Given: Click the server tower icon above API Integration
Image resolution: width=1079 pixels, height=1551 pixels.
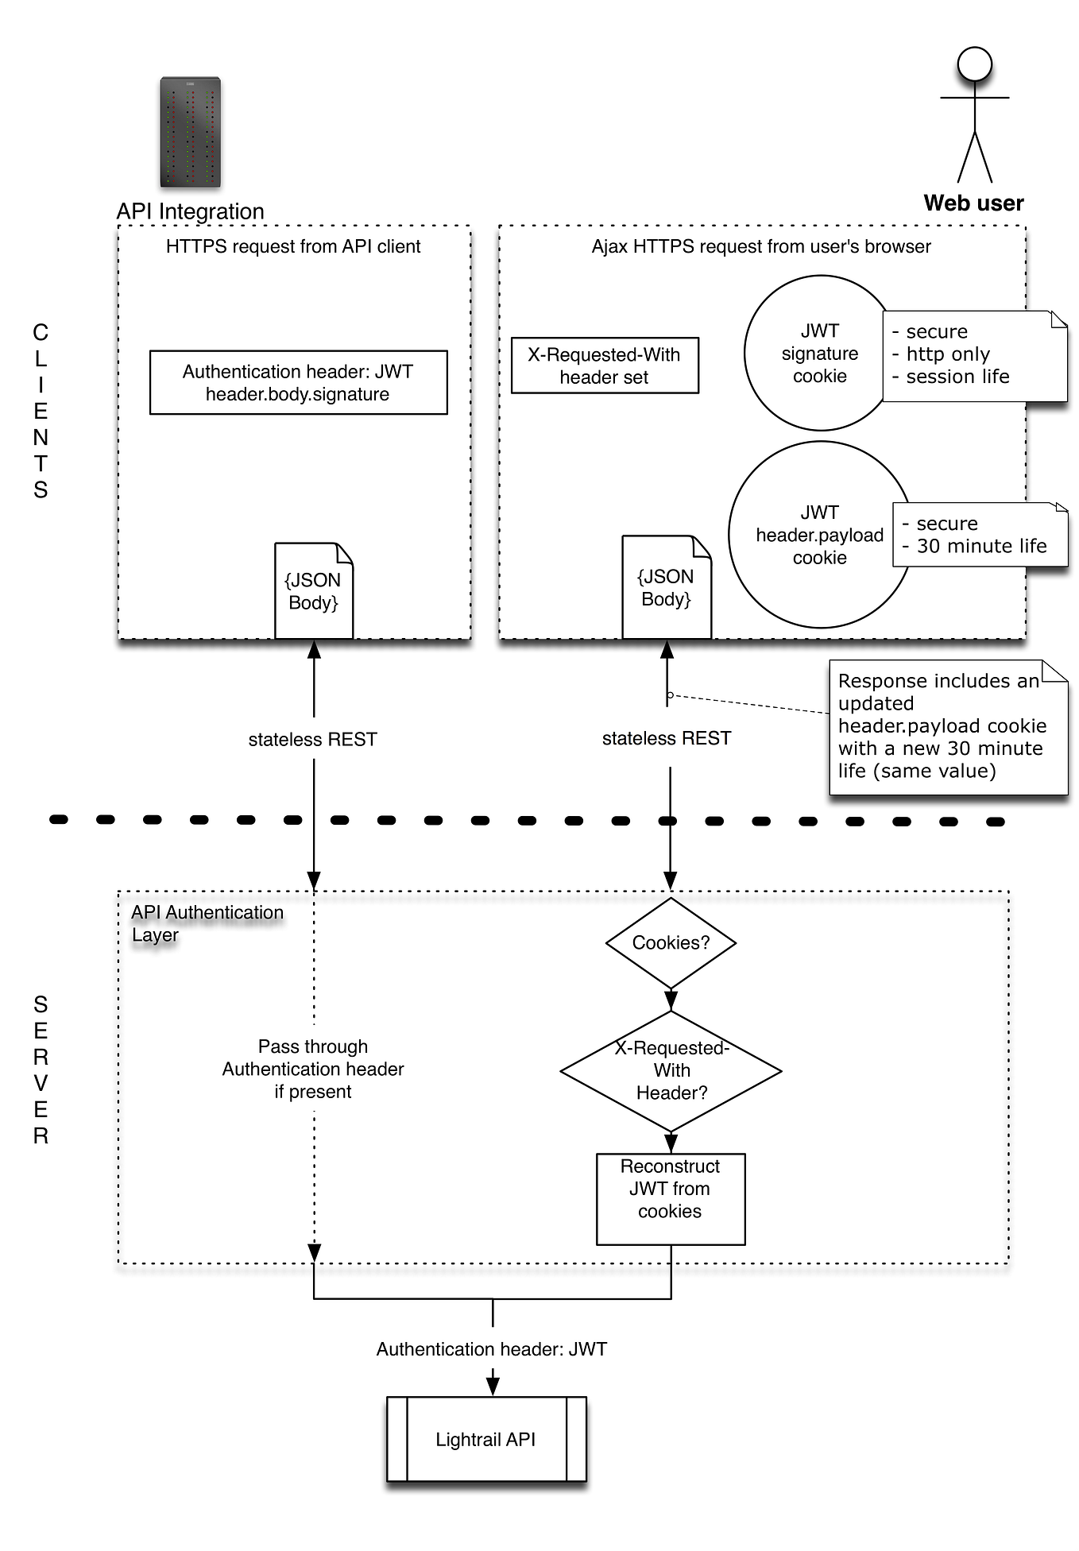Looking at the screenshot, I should pos(190,133).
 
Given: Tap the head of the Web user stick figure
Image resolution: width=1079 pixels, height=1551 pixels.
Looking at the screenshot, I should pos(974,64).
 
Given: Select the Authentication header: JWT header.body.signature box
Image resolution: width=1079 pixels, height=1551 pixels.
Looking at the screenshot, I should pos(298,382).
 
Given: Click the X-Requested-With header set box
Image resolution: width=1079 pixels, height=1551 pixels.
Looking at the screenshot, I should pos(604,366).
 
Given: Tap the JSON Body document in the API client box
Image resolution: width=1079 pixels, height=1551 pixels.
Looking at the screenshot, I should pos(313,591).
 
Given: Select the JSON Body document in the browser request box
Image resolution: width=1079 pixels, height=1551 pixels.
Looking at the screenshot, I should pos(666,588).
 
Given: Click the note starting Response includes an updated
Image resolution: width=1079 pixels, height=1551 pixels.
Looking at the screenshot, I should pos(947,727).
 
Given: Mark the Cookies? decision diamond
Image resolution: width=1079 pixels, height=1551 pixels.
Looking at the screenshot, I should pos(671,943).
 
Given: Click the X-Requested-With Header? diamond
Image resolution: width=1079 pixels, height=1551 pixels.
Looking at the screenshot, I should pos(671,1070).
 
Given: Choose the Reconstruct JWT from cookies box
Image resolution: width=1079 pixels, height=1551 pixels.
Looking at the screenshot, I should pos(670,1198).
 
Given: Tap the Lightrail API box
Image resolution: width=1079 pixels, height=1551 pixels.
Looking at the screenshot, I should pos(485,1439).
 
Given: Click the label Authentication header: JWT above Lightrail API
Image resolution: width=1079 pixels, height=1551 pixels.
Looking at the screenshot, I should pos(491,1348).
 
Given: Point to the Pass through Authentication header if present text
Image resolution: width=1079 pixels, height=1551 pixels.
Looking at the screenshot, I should pos(313,1069).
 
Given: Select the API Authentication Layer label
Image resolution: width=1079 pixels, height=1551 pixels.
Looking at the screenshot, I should pos(206,923).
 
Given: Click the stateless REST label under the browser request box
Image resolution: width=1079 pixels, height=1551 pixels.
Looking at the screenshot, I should pos(666,738).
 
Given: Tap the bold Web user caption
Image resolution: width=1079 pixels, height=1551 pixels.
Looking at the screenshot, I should pos(973,203).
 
